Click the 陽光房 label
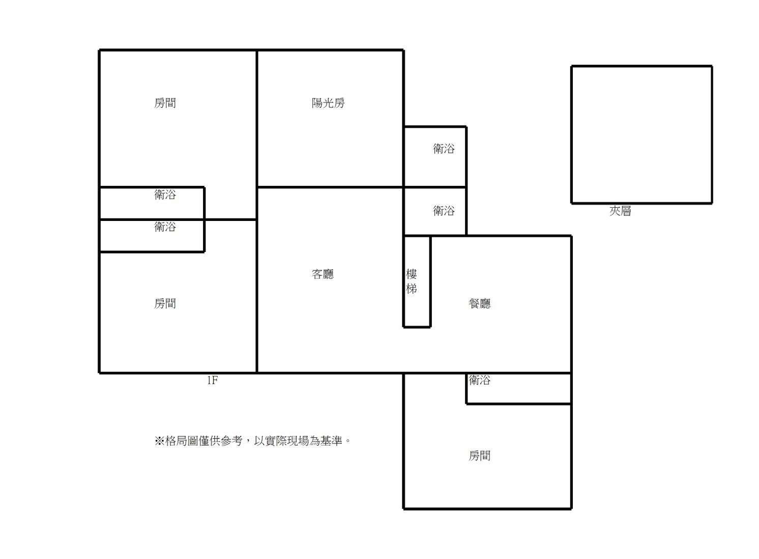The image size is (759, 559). (328, 103)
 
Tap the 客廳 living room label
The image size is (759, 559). (323, 274)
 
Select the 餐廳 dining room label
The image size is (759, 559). (479, 303)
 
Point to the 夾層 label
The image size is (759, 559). (620, 211)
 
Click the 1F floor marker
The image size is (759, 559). (213, 381)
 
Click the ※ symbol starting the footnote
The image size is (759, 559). (159, 441)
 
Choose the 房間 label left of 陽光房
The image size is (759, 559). (165, 103)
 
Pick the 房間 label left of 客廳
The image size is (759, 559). (165, 303)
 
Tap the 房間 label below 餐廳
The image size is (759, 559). (479, 456)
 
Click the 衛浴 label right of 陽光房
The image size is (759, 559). (444, 149)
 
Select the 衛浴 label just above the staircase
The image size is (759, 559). (444, 211)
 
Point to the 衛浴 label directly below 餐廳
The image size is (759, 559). (479, 380)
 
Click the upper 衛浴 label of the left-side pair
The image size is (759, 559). (165, 194)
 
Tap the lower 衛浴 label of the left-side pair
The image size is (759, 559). (165, 227)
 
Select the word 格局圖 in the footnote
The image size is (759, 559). (182, 441)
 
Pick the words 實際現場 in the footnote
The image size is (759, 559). (287, 441)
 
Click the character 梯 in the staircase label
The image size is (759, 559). (412, 289)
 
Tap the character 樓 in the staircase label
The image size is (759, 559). (412, 274)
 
